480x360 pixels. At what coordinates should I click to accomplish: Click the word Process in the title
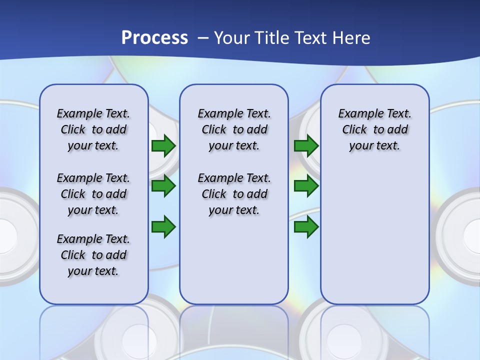coord(154,38)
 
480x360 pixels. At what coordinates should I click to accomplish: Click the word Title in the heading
coord(269,38)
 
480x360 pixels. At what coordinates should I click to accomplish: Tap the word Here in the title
coord(352,38)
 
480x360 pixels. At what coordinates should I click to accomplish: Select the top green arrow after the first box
coord(163,146)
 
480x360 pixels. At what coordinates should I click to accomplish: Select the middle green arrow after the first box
coord(163,186)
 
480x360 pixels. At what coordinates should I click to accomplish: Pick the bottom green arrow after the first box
coord(163,227)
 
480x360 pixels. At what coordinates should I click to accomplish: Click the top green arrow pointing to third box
coord(306,146)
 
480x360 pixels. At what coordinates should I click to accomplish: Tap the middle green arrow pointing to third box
coord(306,186)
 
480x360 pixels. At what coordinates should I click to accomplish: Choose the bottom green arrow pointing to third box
coord(306,227)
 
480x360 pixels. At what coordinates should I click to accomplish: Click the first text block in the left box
coord(93,130)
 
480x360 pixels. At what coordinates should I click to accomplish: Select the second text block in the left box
coord(93,194)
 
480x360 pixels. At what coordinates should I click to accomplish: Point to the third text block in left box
coord(93,255)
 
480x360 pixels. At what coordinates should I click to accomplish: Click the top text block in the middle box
coord(234,130)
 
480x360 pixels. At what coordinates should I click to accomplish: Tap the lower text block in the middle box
coord(234,194)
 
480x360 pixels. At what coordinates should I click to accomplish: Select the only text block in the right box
coord(374,130)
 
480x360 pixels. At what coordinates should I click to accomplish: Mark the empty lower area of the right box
coord(374,235)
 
